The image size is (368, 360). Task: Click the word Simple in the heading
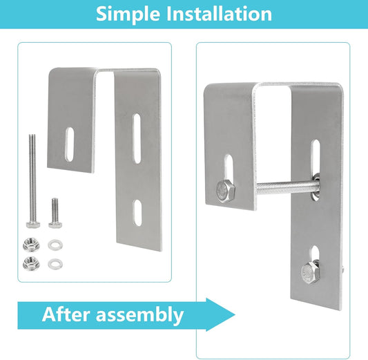[x=128, y=14]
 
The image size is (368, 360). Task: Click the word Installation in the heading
[x=219, y=14]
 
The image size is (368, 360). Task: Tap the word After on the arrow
[x=66, y=314]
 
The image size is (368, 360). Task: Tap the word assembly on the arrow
[x=139, y=315]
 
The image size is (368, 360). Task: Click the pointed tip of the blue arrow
[x=235, y=314]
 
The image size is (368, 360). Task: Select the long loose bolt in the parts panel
[x=32, y=181]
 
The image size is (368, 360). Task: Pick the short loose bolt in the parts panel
[x=55, y=213]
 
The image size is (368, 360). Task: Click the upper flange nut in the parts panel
[x=31, y=244]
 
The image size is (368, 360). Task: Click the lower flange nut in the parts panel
[x=31, y=263]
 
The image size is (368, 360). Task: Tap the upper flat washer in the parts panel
[x=55, y=245]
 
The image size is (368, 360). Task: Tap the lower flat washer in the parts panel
[x=55, y=264]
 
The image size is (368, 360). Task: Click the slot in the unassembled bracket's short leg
[x=69, y=144]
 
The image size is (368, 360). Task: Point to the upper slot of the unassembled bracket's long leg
[x=137, y=139]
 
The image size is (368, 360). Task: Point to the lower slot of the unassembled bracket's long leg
[x=137, y=213]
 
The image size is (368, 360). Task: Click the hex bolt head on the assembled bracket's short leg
[x=225, y=191]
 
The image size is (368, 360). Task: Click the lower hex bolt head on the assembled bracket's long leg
[x=311, y=272]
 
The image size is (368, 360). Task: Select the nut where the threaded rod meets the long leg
[x=316, y=187]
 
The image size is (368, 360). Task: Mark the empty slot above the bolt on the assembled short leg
[x=229, y=167]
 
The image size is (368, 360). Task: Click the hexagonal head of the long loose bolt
[x=33, y=225]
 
